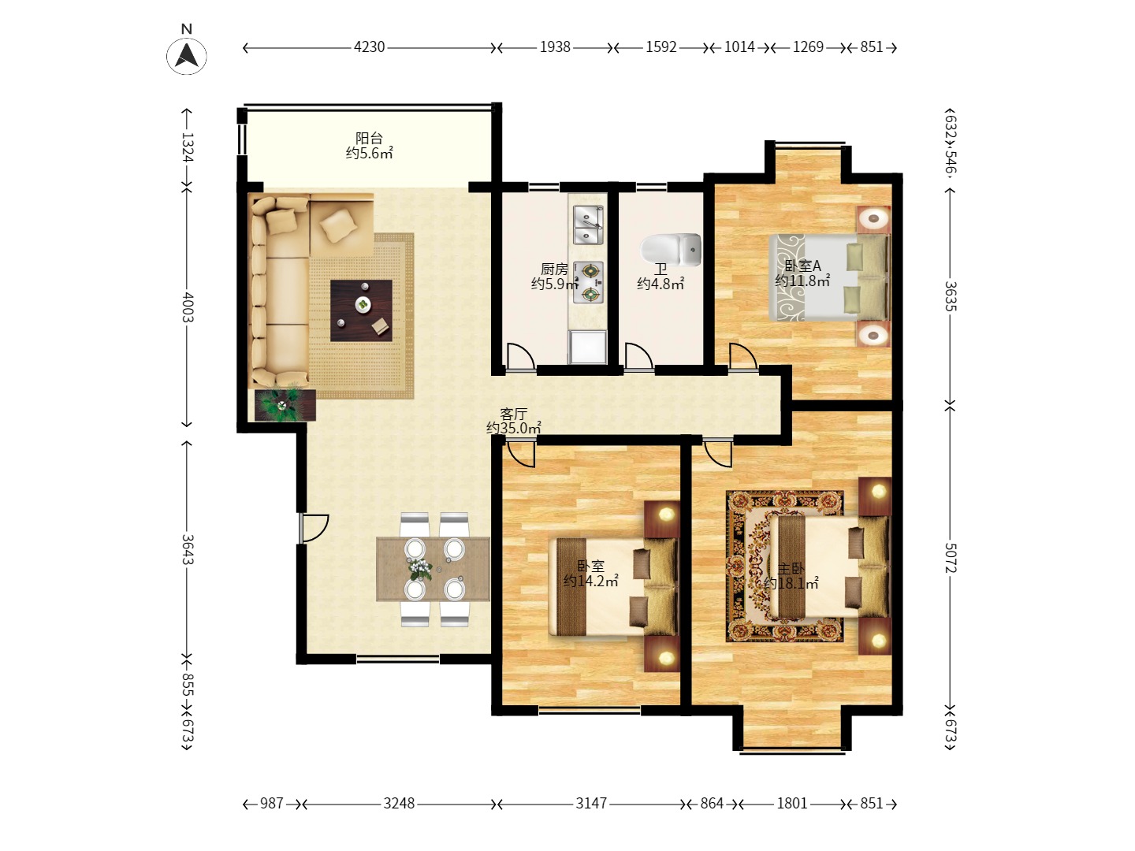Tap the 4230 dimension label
tap(369, 47)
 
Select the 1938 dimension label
tap(555, 47)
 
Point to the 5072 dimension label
tap(951, 558)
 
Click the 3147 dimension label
tap(591, 804)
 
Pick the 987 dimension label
tap(271, 804)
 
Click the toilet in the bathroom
tap(671, 250)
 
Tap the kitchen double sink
tap(588, 225)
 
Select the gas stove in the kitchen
tap(589, 282)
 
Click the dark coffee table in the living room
tap(361, 310)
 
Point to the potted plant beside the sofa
tap(284, 404)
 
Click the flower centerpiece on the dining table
tap(420, 568)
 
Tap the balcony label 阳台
tap(369, 139)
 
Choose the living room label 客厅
tap(513, 414)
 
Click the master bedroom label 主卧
tap(791, 569)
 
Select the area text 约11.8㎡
tap(802, 281)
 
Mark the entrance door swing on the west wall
tap(314, 528)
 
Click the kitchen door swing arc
tap(521, 355)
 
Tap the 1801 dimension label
tap(791, 804)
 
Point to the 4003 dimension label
tap(187, 307)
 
